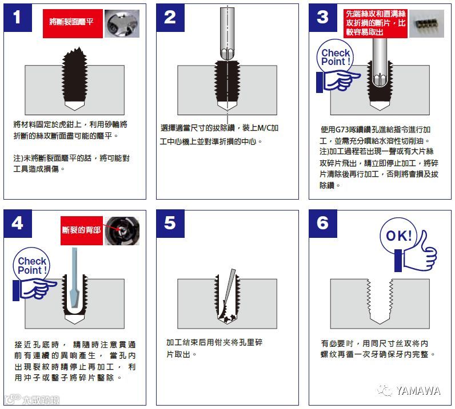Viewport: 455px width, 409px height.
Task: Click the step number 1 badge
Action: tap(18, 18)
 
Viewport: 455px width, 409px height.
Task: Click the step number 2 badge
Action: tap(170, 18)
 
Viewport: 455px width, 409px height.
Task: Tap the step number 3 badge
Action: tap(323, 18)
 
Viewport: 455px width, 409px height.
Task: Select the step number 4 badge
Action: tap(18, 224)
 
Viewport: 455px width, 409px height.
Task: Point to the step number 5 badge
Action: tap(170, 224)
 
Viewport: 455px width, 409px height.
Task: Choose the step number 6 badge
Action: tap(323, 224)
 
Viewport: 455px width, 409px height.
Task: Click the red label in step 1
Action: tap(73, 23)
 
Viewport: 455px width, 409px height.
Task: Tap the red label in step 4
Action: tap(82, 230)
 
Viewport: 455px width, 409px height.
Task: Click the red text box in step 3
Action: tap(376, 23)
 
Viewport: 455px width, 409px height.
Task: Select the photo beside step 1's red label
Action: tap(122, 23)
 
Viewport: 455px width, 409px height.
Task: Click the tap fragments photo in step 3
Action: tap(426, 23)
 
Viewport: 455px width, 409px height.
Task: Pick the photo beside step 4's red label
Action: tap(122, 231)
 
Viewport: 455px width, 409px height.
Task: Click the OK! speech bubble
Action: tap(398, 236)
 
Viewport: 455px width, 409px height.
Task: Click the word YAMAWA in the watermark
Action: tap(418, 391)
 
